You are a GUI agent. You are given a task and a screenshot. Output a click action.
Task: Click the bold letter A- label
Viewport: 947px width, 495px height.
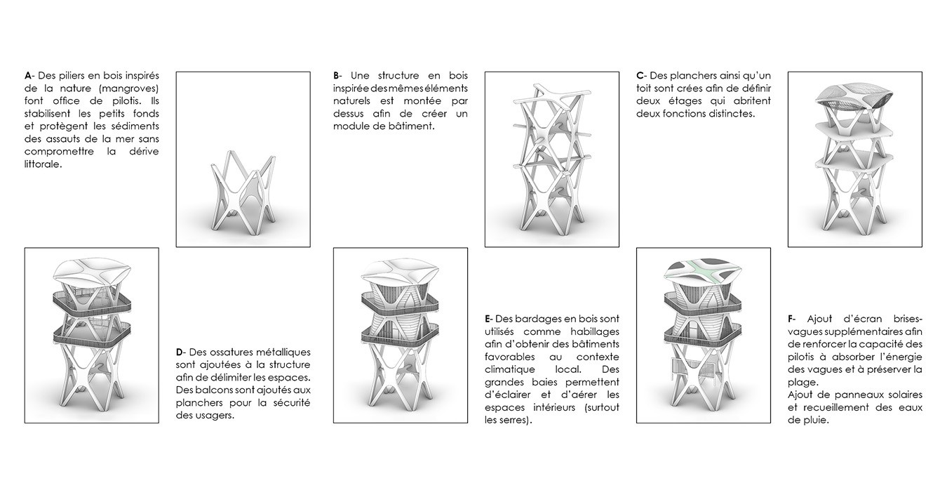(29, 76)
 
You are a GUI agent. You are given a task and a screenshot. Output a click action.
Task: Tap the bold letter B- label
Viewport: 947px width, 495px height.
(337, 76)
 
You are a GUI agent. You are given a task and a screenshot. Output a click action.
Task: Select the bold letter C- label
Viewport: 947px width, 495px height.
(641, 76)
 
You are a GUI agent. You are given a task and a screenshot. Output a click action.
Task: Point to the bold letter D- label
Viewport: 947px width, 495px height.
(181, 352)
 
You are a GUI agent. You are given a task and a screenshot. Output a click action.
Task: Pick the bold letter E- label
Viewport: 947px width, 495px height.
(489, 319)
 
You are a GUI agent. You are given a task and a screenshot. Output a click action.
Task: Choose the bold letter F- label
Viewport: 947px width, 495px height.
(792, 319)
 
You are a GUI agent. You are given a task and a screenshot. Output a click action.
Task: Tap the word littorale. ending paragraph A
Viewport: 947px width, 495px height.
(43, 164)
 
